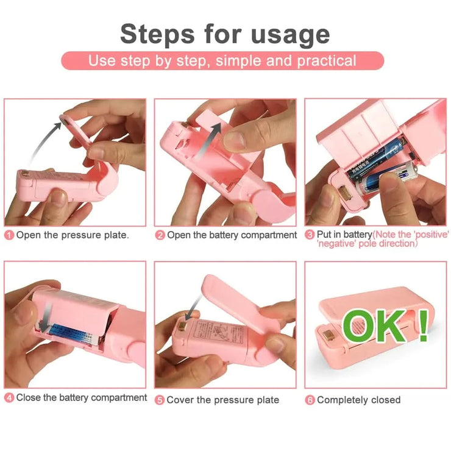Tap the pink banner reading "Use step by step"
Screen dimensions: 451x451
[222, 61]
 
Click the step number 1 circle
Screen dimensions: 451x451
[9, 235]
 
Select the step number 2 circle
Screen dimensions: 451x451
[160, 235]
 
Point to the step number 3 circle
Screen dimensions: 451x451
[310, 235]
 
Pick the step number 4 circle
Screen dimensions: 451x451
[9, 398]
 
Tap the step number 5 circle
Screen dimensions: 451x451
[160, 400]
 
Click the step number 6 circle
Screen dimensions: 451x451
[310, 400]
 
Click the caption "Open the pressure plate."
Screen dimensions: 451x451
[73, 235]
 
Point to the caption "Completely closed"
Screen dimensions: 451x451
[359, 400]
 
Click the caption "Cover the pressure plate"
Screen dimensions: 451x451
[223, 400]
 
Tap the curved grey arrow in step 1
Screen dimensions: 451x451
[44, 140]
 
